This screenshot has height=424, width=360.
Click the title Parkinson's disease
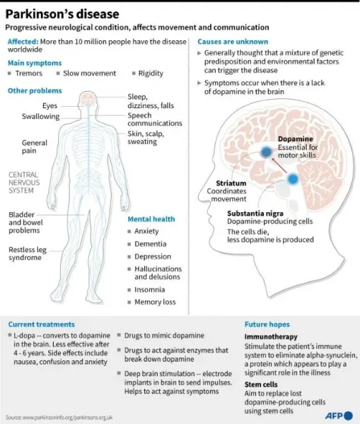(62, 14)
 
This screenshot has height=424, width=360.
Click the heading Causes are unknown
(233, 42)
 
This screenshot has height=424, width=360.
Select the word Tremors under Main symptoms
(29, 73)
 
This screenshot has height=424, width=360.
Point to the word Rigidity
(151, 73)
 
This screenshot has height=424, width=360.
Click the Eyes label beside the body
(50, 106)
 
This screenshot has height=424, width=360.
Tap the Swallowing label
(40, 117)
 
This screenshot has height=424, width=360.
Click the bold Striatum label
(231, 183)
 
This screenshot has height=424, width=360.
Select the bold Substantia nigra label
(255, 213)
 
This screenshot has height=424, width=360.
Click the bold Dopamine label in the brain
(296, 139)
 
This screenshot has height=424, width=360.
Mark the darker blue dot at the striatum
(267, 152)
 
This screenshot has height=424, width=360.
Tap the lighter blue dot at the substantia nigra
(293, 179)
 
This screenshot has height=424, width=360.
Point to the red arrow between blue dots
(279, 165)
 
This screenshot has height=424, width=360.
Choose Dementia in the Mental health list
(151, 244)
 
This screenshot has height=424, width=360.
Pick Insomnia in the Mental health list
(150, 290)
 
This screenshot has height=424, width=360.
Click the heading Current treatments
(42, 324)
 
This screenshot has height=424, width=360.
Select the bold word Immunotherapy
(271, 336)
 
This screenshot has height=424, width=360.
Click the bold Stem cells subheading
(261, 384)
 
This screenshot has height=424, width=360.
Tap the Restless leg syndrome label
(28, 254)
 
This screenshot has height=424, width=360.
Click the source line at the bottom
(59, 418)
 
